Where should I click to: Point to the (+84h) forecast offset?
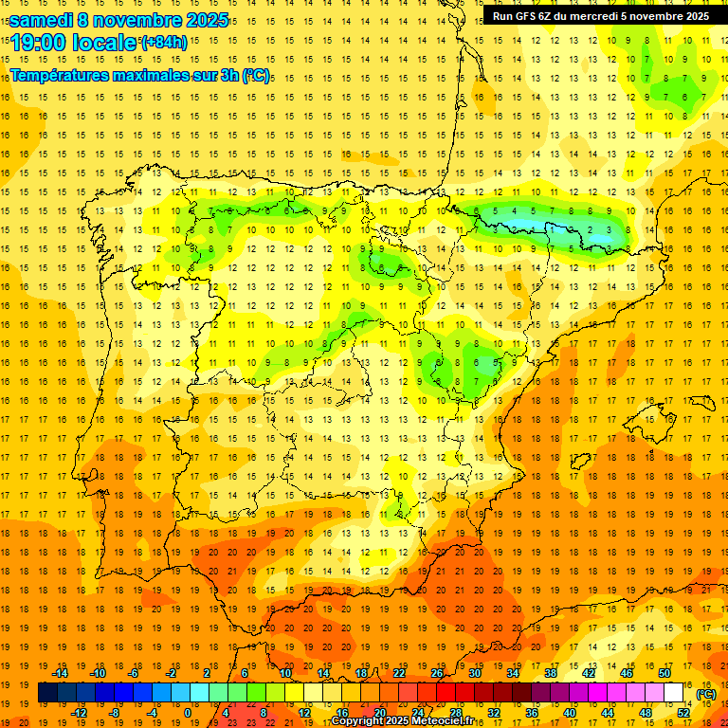click(x=163, y=43)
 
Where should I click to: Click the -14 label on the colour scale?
click(x=62, y=673)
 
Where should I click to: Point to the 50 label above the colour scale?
click(x=664, y=673)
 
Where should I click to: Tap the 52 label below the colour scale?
click(x=683, y=712)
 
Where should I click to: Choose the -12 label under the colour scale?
click(x=80, y=712)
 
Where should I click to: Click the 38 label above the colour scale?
click(x=550, y=673)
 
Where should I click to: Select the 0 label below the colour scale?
click(x=188, y=712)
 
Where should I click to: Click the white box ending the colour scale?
click(x=673, y=693)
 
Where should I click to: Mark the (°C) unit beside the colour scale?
click(x=705, y=694)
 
